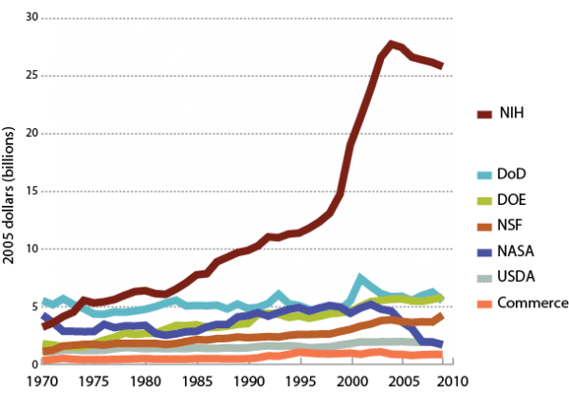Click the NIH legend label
pyautogui.click(x=511, y=114)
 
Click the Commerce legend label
pyautogui.click(x=534, y=303)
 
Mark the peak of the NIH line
pyautogui.click(x=392, y=44)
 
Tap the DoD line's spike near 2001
pyautogui.click(x=360, y=279)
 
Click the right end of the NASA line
pyautogui.click(x=439, y=345)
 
